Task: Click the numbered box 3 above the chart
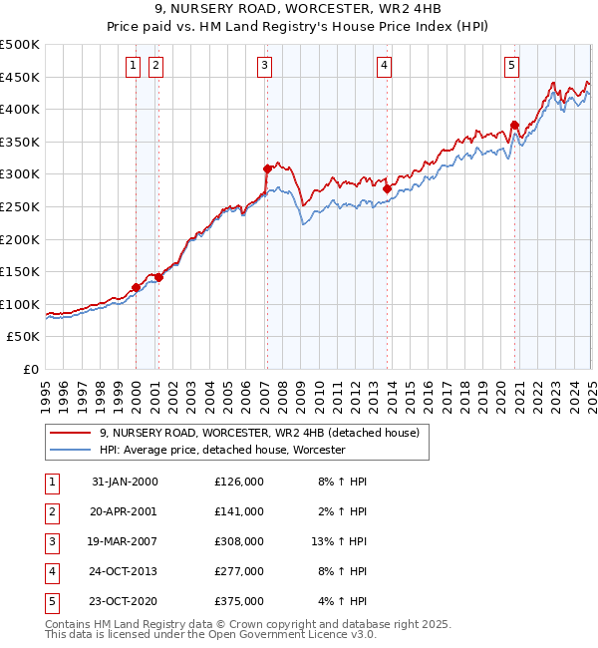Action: click(x=265, y=66)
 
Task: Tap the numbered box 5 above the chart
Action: click(x=511, y=66)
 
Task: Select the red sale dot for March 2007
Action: click(x=267, y=168)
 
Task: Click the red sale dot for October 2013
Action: click(x=387, y=187)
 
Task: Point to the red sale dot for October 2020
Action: click(x=515, y=125)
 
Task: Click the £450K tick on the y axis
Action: click(x=21, y=77)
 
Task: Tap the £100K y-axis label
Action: click(x=21, y=304)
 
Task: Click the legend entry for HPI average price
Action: click(x=221, y=451)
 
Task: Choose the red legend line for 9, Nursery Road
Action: click(x=70, y=433)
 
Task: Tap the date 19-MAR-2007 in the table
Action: click(x=125, y=541)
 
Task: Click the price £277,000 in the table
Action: click(x=239, y=571)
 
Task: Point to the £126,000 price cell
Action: click(x=239, y=482)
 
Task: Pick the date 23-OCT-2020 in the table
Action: click(x=125, y=601)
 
